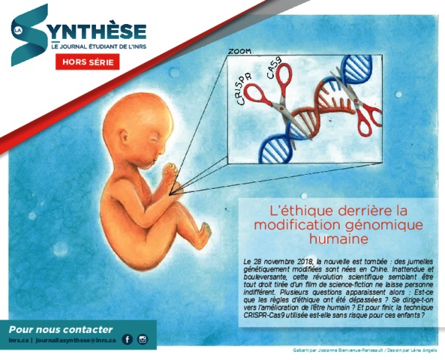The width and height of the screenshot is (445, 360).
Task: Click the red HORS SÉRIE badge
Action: click(x=87, y=61)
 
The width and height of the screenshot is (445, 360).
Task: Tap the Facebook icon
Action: click(x=127, y=339)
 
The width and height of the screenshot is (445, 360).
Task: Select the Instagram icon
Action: click(x=143, y=339)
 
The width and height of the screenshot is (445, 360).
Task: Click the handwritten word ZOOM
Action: click(x=240, y=51)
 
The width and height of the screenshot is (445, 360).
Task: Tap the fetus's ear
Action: click(x=125, y=137)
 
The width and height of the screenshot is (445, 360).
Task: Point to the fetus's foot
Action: click(x=204, y=233)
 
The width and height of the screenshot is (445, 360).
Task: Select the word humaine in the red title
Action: click(x=338, y=238)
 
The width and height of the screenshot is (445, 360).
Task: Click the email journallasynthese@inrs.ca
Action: click(x=76, y=340)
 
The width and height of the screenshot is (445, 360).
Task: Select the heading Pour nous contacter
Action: click(x=61, y=329)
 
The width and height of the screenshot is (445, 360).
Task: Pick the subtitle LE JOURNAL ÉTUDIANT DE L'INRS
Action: click(x=99, y=46)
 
